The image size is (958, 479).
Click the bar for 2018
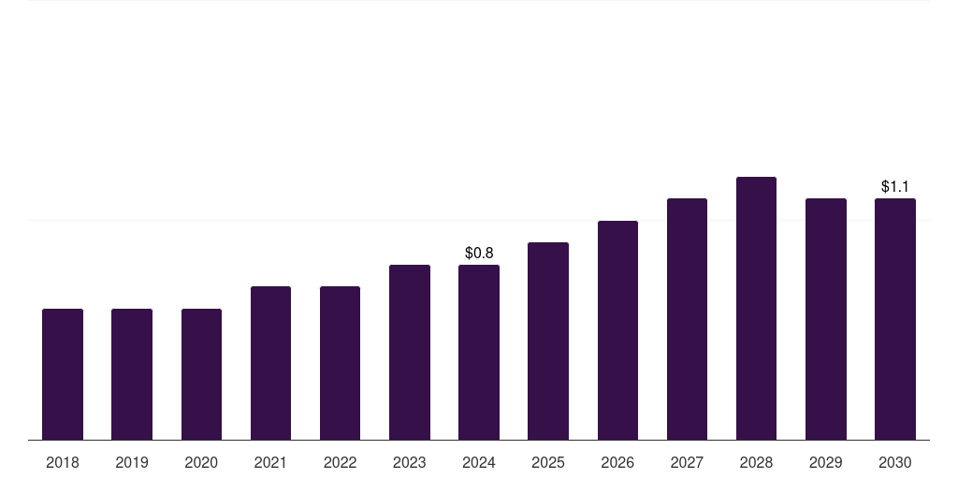63,374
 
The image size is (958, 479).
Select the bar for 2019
132,374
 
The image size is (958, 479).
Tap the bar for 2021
270,363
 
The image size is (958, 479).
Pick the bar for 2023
410,353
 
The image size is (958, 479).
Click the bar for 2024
479,353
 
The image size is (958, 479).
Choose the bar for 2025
548,341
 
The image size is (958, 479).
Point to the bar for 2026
617,330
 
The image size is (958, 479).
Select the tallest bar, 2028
756,309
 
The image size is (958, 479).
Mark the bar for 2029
826,319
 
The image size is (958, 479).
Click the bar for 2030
895,319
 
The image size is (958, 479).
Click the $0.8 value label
479,253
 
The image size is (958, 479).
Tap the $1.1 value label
895,186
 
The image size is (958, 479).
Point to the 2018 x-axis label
63,462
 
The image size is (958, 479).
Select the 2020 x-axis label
201,462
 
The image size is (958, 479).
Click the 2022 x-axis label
340,462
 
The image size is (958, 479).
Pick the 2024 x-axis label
479,462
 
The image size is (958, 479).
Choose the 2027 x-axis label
687,462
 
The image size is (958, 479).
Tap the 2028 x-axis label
756,462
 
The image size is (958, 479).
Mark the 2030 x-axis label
895,462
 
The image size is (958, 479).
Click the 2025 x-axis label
548,462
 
